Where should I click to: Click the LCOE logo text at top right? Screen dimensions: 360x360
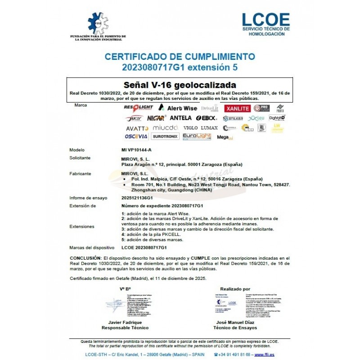point(265,19)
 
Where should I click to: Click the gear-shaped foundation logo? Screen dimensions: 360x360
point(98,23)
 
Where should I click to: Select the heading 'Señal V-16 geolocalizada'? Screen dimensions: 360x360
point(180,85)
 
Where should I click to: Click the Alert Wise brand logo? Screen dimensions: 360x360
point(178,108)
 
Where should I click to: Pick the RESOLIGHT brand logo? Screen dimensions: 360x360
point(138,108)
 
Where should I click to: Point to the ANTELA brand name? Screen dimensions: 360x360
point(180,118)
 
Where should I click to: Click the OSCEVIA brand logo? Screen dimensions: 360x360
point(136,136)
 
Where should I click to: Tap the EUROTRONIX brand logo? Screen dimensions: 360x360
point(166,136)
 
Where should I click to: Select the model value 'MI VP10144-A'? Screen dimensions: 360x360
point(137,150)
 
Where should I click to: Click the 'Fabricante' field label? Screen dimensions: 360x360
point(81,173)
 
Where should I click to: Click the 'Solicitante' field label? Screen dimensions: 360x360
point(81,158)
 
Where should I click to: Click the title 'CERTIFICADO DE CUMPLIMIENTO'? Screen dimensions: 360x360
point(180,57)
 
